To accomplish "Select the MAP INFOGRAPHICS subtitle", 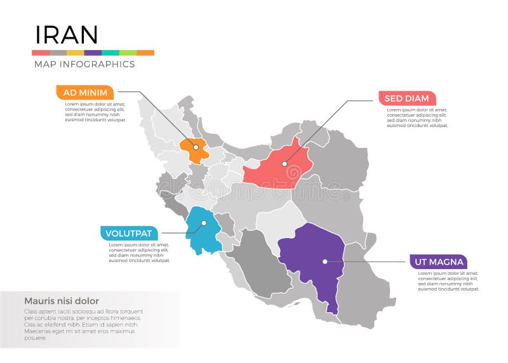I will click(x=83, y=64).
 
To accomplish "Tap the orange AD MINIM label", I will click(x=85, y=92).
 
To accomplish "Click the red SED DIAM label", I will click(x=406, y=98).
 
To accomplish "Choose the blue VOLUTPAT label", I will click(x=129, y=234).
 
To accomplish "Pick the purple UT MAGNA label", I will click(x=438, y=261).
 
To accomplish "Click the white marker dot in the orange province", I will click(x=196, y=147).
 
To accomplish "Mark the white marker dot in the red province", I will click(x=285, y=164).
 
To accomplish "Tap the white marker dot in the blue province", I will click(x=204, y=223).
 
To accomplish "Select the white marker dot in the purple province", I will click(x=324, y=261).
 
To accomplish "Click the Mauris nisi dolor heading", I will click(x=61, y=301).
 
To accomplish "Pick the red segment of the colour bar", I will click(x=40, y=53).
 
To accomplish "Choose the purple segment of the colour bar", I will click(x=93, y=53).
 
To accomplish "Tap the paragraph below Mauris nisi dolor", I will click(x=83, y=324).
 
